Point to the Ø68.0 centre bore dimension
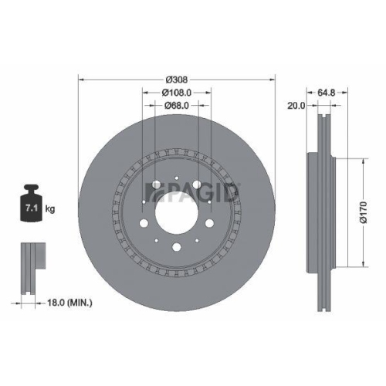coord(177,107)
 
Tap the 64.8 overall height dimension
coord(327,93)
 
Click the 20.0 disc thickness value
coord(295,107)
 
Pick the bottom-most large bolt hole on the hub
coord(177,247)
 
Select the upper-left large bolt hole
coord(155,186)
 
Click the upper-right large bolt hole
coord(198,186)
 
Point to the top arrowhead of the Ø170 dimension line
coord(361,160)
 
